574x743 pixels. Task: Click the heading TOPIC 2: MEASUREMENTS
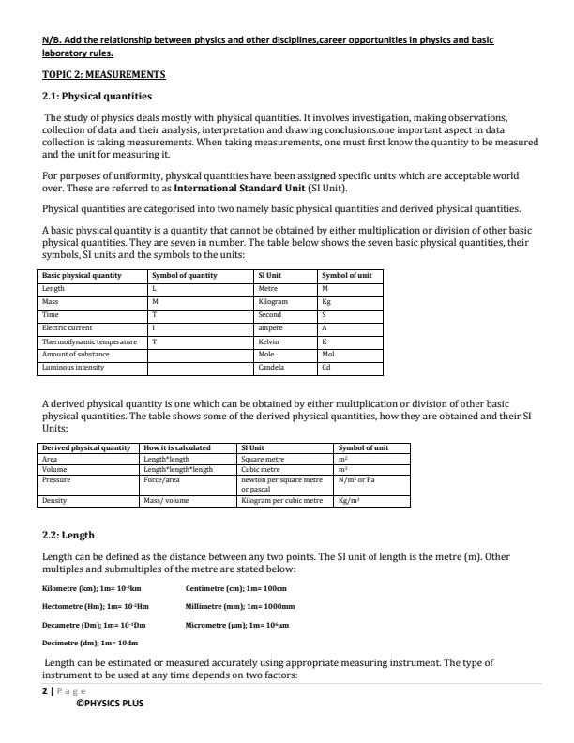click(104, 74)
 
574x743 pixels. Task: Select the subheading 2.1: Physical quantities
click(98, 96)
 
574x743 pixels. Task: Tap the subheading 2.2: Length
click(68, 535)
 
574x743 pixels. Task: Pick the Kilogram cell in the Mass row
click(273, 302)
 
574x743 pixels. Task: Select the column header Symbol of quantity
click(185, 275)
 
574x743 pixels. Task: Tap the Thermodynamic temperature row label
click(89, 341)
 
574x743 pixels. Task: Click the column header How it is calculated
click(176, 448)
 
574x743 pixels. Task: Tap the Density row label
click(54, 501)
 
